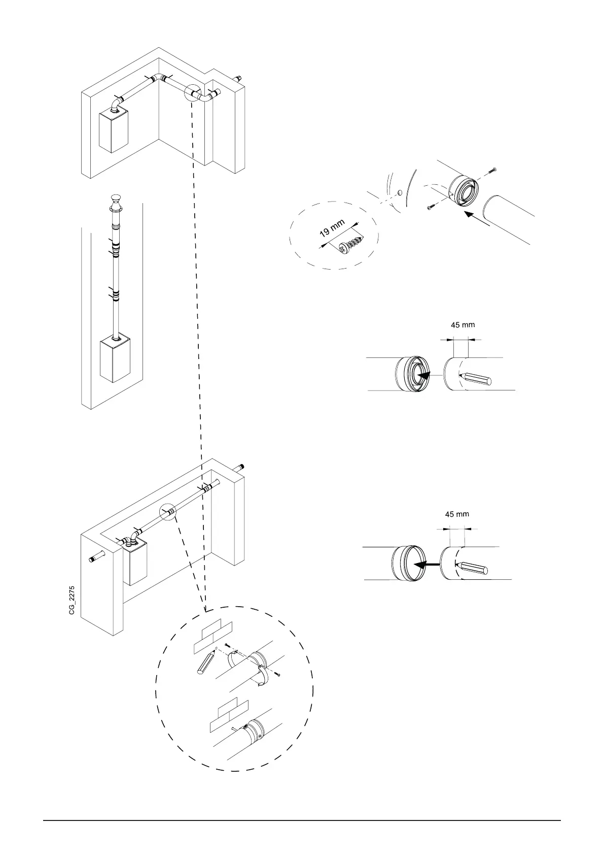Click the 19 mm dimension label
pos(332,228)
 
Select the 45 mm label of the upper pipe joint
pos(463,324)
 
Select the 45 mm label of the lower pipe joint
pos(457,514)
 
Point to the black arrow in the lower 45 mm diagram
pos(424,564)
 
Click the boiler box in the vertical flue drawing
pos(115,359)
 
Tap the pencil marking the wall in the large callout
pos(207,662)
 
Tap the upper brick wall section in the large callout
pos(214,637)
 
